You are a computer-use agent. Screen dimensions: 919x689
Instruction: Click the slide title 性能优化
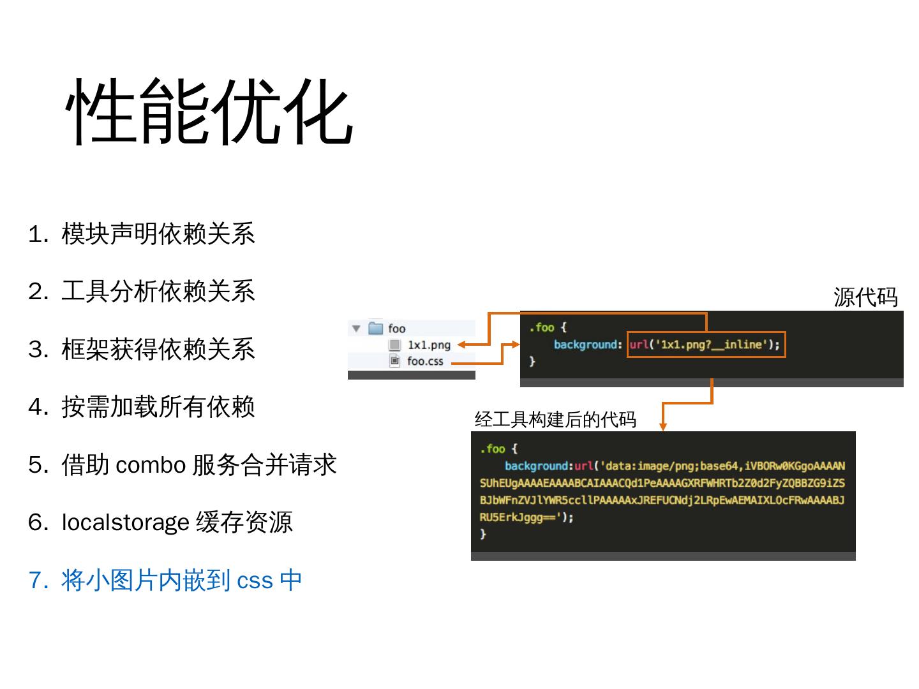click(209, 113)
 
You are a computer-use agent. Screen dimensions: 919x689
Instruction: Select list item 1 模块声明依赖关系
click(158, 234)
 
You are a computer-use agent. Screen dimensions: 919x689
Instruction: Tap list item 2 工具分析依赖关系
click(158, 292)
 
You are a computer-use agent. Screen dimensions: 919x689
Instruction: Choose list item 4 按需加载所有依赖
click(158, 407)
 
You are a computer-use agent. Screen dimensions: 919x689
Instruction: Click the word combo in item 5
click(151, 465)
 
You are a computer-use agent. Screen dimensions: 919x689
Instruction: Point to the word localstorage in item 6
click(125, 522)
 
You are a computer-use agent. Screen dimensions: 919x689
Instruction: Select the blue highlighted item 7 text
click(181, 581)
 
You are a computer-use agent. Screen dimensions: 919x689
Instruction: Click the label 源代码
click(865, 297)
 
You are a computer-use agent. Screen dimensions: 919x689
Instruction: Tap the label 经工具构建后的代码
click(555, 419)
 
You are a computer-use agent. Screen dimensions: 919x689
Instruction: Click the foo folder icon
click(376, 329)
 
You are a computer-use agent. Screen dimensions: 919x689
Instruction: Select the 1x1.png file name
click(429, 345)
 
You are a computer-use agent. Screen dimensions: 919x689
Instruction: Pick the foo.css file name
click(425, 361)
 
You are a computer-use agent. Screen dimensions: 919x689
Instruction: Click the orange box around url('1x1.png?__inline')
click(706, 344)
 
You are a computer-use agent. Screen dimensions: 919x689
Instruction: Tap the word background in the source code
click(587, 344)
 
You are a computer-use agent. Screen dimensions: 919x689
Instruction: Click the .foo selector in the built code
click(493, 448)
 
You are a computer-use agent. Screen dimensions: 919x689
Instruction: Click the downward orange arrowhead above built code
click(663, 426)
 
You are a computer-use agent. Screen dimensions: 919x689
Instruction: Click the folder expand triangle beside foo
click(356, 329)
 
